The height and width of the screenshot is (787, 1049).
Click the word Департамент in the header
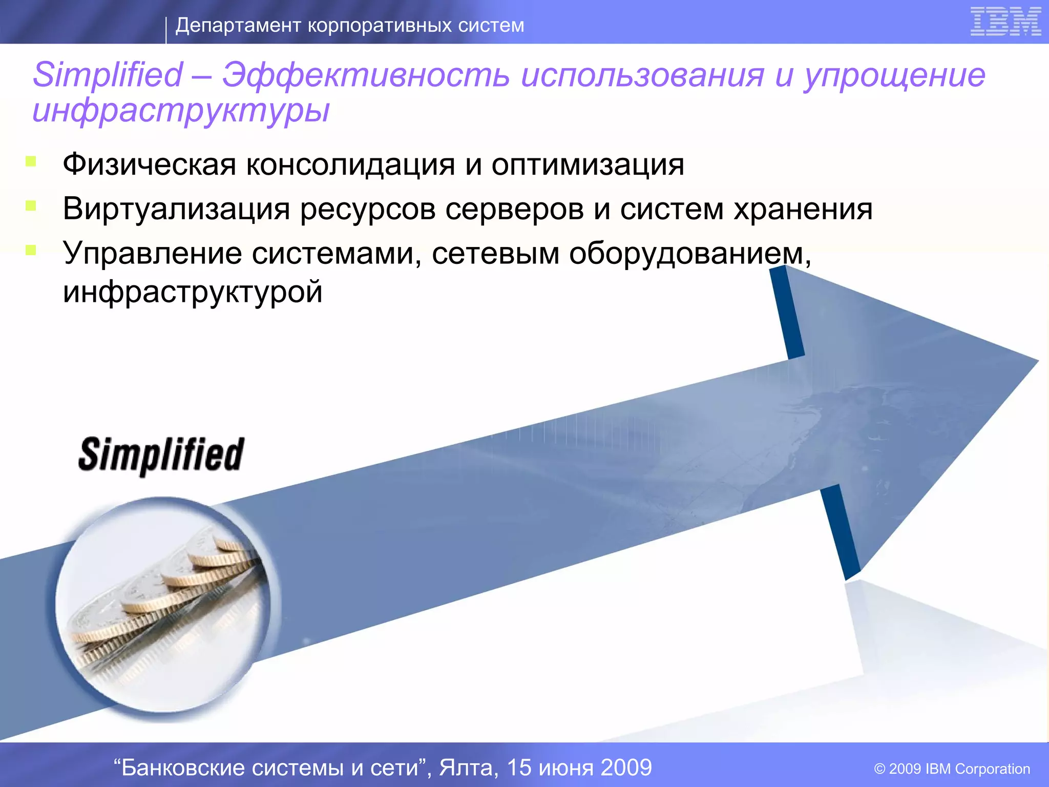pos(238,25)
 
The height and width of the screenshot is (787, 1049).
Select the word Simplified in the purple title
pos(108,75)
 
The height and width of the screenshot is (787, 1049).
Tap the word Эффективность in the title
pos(366,75)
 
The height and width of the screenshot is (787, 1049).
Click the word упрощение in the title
pos(894,75)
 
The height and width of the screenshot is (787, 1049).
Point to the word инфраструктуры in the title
pos(181,111)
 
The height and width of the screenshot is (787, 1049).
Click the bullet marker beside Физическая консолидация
pos(31,162)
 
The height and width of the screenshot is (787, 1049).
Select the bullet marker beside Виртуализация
pos(31,206)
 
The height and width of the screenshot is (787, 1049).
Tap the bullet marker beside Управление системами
pos(31,250)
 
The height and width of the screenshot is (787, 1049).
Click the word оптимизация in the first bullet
pos(588,165)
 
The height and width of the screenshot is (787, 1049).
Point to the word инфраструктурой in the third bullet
pos(193,292)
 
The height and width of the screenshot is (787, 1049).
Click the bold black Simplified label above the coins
pos(161,455)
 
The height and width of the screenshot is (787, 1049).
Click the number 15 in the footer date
pos(519,768)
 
